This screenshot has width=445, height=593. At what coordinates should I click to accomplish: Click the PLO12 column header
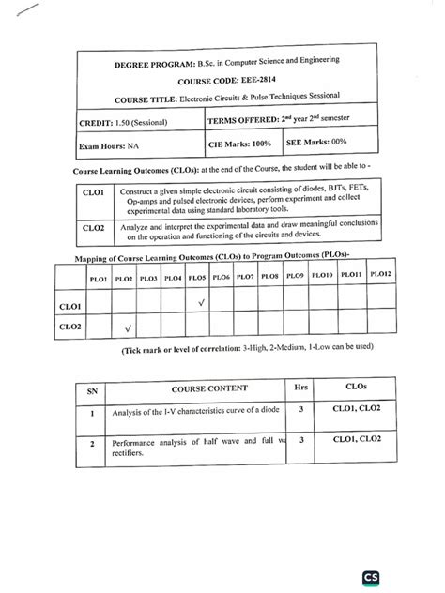coord(380,274)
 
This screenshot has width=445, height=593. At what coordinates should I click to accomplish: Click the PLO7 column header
coord(245,277)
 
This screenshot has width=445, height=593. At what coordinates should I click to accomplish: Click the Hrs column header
coord(300,386)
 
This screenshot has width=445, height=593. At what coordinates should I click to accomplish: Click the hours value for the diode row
coord(299,410)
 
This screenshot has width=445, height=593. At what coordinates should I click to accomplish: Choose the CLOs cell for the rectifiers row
coord(356,438)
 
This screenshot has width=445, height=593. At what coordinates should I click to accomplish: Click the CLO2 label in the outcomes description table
coord(92,228)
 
